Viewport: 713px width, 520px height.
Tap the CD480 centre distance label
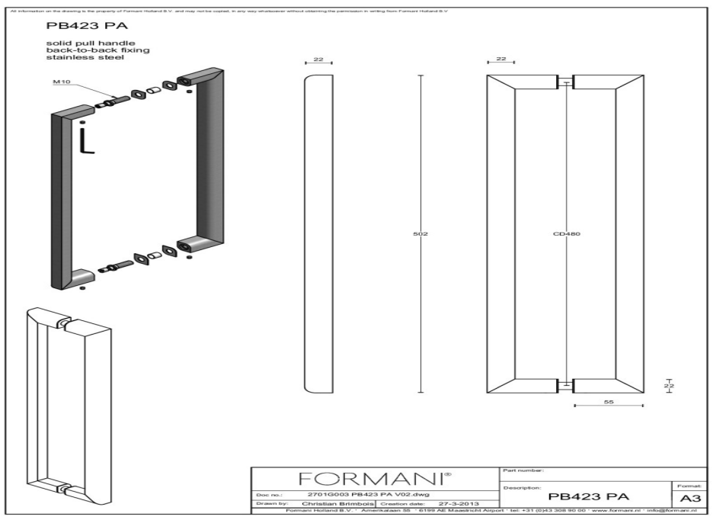tap(567, 233)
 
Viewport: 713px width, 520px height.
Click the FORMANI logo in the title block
tap(378, 480)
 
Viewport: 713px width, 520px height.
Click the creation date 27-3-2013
tap(459, 504)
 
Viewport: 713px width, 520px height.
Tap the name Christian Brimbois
tap(334, 504)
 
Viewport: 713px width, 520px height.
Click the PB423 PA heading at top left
tap(76, 27)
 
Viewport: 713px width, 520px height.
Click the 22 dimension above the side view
tap(318, 59)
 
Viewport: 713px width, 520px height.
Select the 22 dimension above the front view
tap(500, 59)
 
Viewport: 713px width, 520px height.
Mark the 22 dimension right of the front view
tap(670, 387)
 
